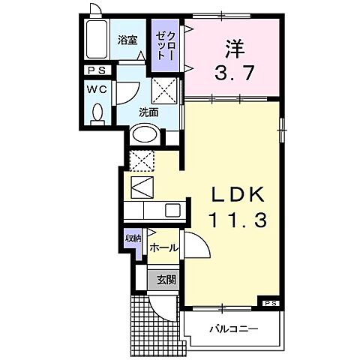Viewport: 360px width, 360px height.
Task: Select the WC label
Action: click(95, 88)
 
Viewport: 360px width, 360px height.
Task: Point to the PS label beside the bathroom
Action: click(95, 70)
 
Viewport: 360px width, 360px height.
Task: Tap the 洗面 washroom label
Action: click(148, 112)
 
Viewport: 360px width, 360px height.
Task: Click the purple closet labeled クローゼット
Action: click(165, 46)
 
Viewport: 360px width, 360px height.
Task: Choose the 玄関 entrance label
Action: click(166, 280)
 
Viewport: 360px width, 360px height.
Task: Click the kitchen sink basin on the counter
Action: click(172, 211)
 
